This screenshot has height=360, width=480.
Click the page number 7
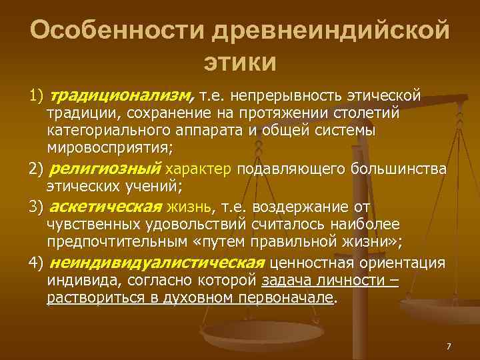click(449, 346)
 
